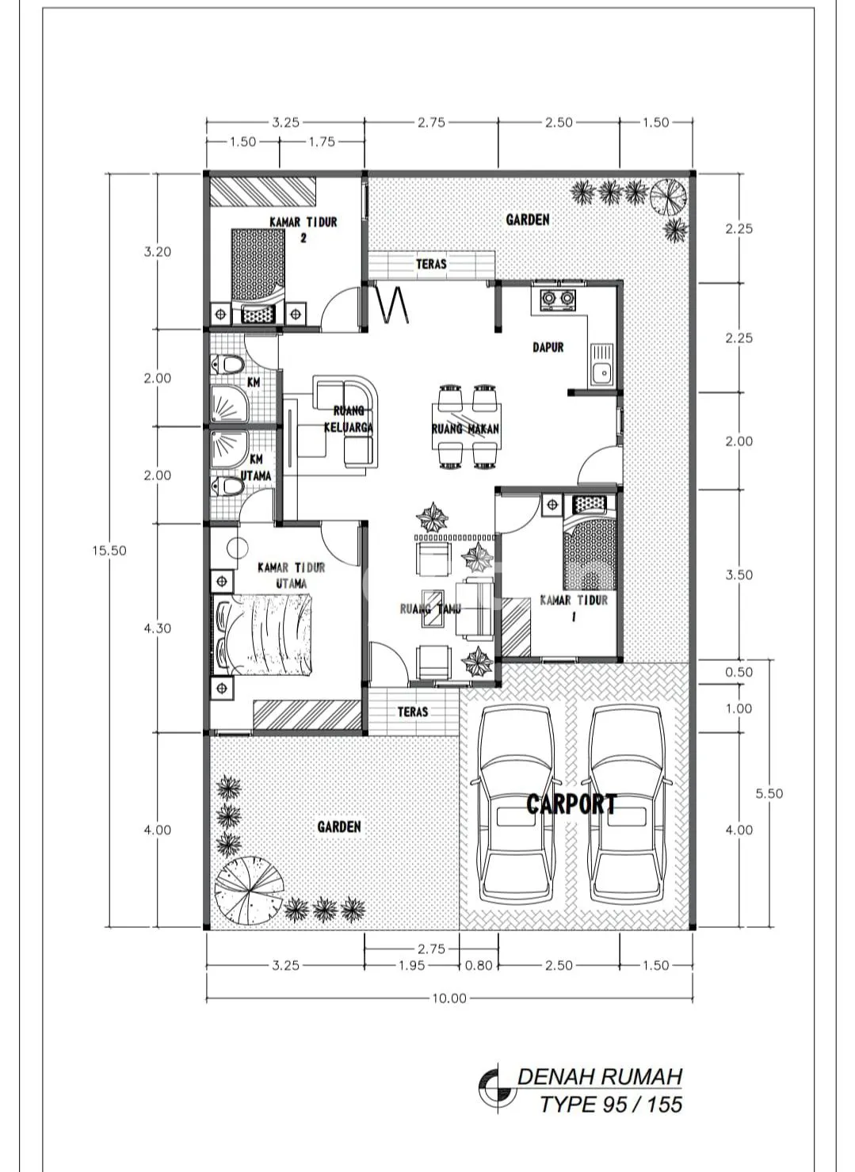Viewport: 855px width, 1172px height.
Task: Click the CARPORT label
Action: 571,804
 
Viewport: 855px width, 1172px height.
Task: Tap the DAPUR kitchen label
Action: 548,347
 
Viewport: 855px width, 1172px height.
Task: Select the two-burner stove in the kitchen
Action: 557,299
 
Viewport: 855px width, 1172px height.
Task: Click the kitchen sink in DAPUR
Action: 601,365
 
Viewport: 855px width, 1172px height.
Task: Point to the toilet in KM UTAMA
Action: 228,487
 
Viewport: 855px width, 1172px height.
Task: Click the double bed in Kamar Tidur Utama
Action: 261,634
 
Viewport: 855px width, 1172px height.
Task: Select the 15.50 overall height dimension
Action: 109,551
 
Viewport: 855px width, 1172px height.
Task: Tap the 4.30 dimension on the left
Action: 158,628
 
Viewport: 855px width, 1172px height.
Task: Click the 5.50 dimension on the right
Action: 769,793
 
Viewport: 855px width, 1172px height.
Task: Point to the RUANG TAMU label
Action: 430,609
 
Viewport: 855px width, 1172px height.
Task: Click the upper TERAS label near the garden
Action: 431,264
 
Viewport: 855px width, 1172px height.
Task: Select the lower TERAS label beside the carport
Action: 412,712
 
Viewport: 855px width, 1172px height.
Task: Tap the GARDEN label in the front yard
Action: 338,827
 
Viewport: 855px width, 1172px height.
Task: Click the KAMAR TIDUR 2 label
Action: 303,229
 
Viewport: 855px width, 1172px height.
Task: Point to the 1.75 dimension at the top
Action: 321,142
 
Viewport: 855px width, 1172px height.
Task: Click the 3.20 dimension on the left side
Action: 158,252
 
